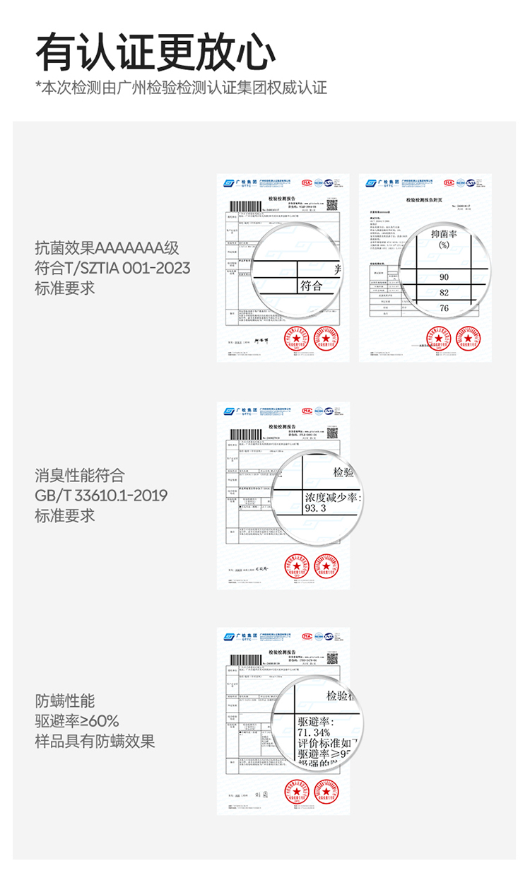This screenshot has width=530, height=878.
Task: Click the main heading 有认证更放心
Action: coord(155,52)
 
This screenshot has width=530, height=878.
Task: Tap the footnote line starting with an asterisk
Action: coord(181,88)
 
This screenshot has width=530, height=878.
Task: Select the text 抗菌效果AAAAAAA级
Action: coord(107,248)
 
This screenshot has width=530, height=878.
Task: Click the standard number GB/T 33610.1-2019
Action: coord(101,496)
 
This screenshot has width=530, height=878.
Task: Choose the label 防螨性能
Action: coord(65,701)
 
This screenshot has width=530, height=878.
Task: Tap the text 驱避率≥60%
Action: coord(77,721)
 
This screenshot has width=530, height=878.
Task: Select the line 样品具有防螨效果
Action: coord(95,742)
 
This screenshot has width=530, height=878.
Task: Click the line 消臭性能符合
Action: coord(80,475)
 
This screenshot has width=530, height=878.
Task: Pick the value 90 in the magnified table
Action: coord(444,276)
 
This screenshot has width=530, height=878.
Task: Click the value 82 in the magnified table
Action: coord(444,293)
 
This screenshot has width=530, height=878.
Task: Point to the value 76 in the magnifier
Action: coord(444,308)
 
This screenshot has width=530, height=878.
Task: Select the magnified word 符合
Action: coord(312,286)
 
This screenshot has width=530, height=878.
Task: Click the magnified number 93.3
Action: coord(315,508)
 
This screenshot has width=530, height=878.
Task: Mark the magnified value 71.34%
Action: coord(315,732)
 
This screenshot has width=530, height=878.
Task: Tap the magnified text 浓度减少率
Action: coord(332,498)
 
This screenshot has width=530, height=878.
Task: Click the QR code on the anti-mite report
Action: coord(332,658)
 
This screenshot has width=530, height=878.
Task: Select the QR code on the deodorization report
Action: coord(332,432)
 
